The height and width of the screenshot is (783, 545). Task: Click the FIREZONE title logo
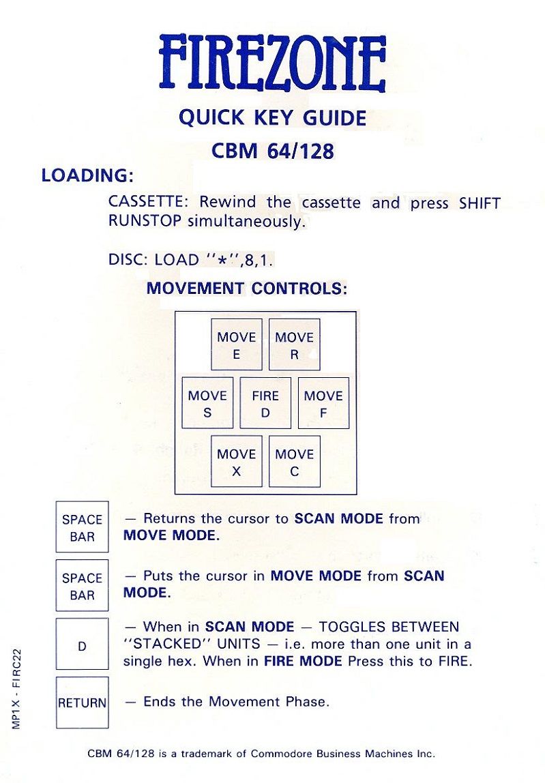273,63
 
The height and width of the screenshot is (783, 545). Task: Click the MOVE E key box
236,344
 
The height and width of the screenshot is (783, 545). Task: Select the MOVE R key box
294,344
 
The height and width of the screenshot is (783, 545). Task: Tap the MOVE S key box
207,403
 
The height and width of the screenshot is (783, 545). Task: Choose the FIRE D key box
265,403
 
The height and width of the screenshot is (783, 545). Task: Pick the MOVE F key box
323,403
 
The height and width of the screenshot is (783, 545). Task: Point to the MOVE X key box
236,461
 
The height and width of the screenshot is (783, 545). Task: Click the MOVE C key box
294,461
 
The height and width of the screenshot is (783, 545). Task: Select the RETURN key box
82,703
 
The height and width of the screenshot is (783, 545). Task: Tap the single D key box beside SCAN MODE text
82,644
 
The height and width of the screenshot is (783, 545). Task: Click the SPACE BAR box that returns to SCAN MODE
82,527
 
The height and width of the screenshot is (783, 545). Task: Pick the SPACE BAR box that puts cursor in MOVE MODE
82,585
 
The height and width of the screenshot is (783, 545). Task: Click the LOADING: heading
87,176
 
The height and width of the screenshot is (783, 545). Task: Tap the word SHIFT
480,203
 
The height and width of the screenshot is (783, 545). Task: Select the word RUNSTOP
145,221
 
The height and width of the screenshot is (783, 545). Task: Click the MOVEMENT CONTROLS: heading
247,288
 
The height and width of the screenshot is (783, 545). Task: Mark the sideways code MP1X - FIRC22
16,689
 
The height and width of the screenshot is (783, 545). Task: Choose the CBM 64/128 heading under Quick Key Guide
272,151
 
